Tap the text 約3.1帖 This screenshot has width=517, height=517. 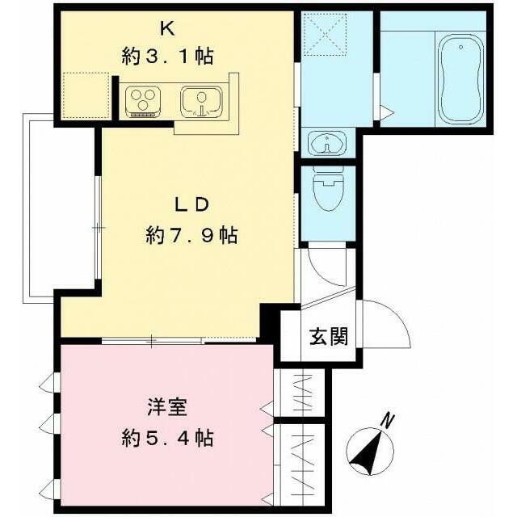(x=168, y=57)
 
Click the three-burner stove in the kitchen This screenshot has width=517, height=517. (x=143, y=101)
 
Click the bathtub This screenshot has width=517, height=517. (x=461, y=70)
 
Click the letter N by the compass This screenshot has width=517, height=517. (x=389, y=420)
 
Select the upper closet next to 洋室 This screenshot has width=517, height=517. (x=301, y=393)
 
